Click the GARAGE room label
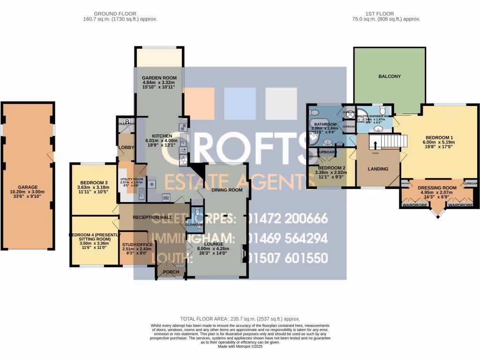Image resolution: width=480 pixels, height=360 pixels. tap(28, 186)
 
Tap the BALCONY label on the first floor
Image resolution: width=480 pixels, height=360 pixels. tap(390, 76)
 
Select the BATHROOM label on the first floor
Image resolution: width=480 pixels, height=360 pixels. tap(325, 124)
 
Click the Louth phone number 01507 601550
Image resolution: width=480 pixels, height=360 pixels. tap(287, 258)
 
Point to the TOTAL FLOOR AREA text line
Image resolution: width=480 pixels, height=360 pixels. tap(240, 319)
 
